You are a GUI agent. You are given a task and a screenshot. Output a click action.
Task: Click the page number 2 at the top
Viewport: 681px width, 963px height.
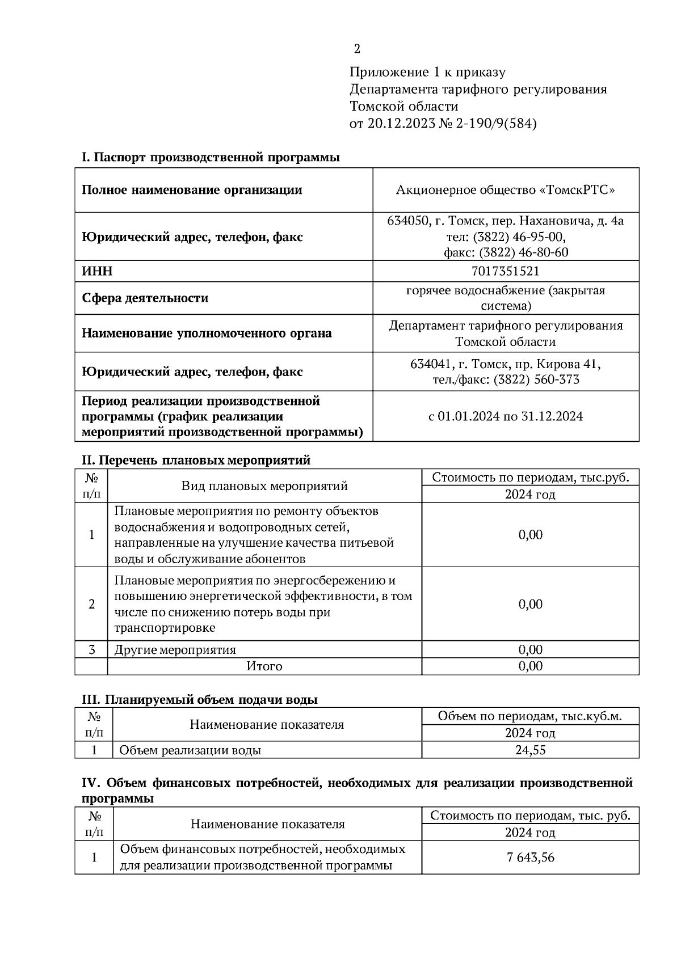tap(356, 49)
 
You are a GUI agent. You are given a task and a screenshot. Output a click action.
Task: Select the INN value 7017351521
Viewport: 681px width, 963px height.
tap(505, 271)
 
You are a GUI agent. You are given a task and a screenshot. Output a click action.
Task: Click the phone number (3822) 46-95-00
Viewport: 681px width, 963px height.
tap(518, 236)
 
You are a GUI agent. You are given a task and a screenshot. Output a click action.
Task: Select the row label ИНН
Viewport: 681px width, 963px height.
tap(97, 271)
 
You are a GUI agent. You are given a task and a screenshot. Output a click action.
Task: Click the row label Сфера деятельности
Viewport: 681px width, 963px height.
tap(145, 298)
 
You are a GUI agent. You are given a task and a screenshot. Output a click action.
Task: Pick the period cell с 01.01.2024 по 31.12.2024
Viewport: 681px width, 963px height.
tap(505, 416)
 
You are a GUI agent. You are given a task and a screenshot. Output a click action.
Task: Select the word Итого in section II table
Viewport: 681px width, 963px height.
tap(264, 666)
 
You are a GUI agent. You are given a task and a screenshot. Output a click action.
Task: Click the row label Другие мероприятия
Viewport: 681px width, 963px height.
tap(175, 649)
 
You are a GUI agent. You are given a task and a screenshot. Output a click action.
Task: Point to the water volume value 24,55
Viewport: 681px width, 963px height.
tap(530, 750)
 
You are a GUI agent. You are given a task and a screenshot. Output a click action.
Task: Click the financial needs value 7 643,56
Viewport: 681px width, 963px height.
tap(530, 857)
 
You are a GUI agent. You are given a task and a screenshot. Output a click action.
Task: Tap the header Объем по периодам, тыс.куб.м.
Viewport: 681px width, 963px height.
tap(530, 716)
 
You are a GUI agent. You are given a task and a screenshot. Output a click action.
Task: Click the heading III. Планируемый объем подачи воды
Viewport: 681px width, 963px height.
tap(200, 699)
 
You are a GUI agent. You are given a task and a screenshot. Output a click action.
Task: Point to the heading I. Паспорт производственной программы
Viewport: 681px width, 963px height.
tap(211, 157)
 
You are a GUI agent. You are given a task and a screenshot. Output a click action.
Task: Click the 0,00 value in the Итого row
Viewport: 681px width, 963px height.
tap(530, 666)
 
